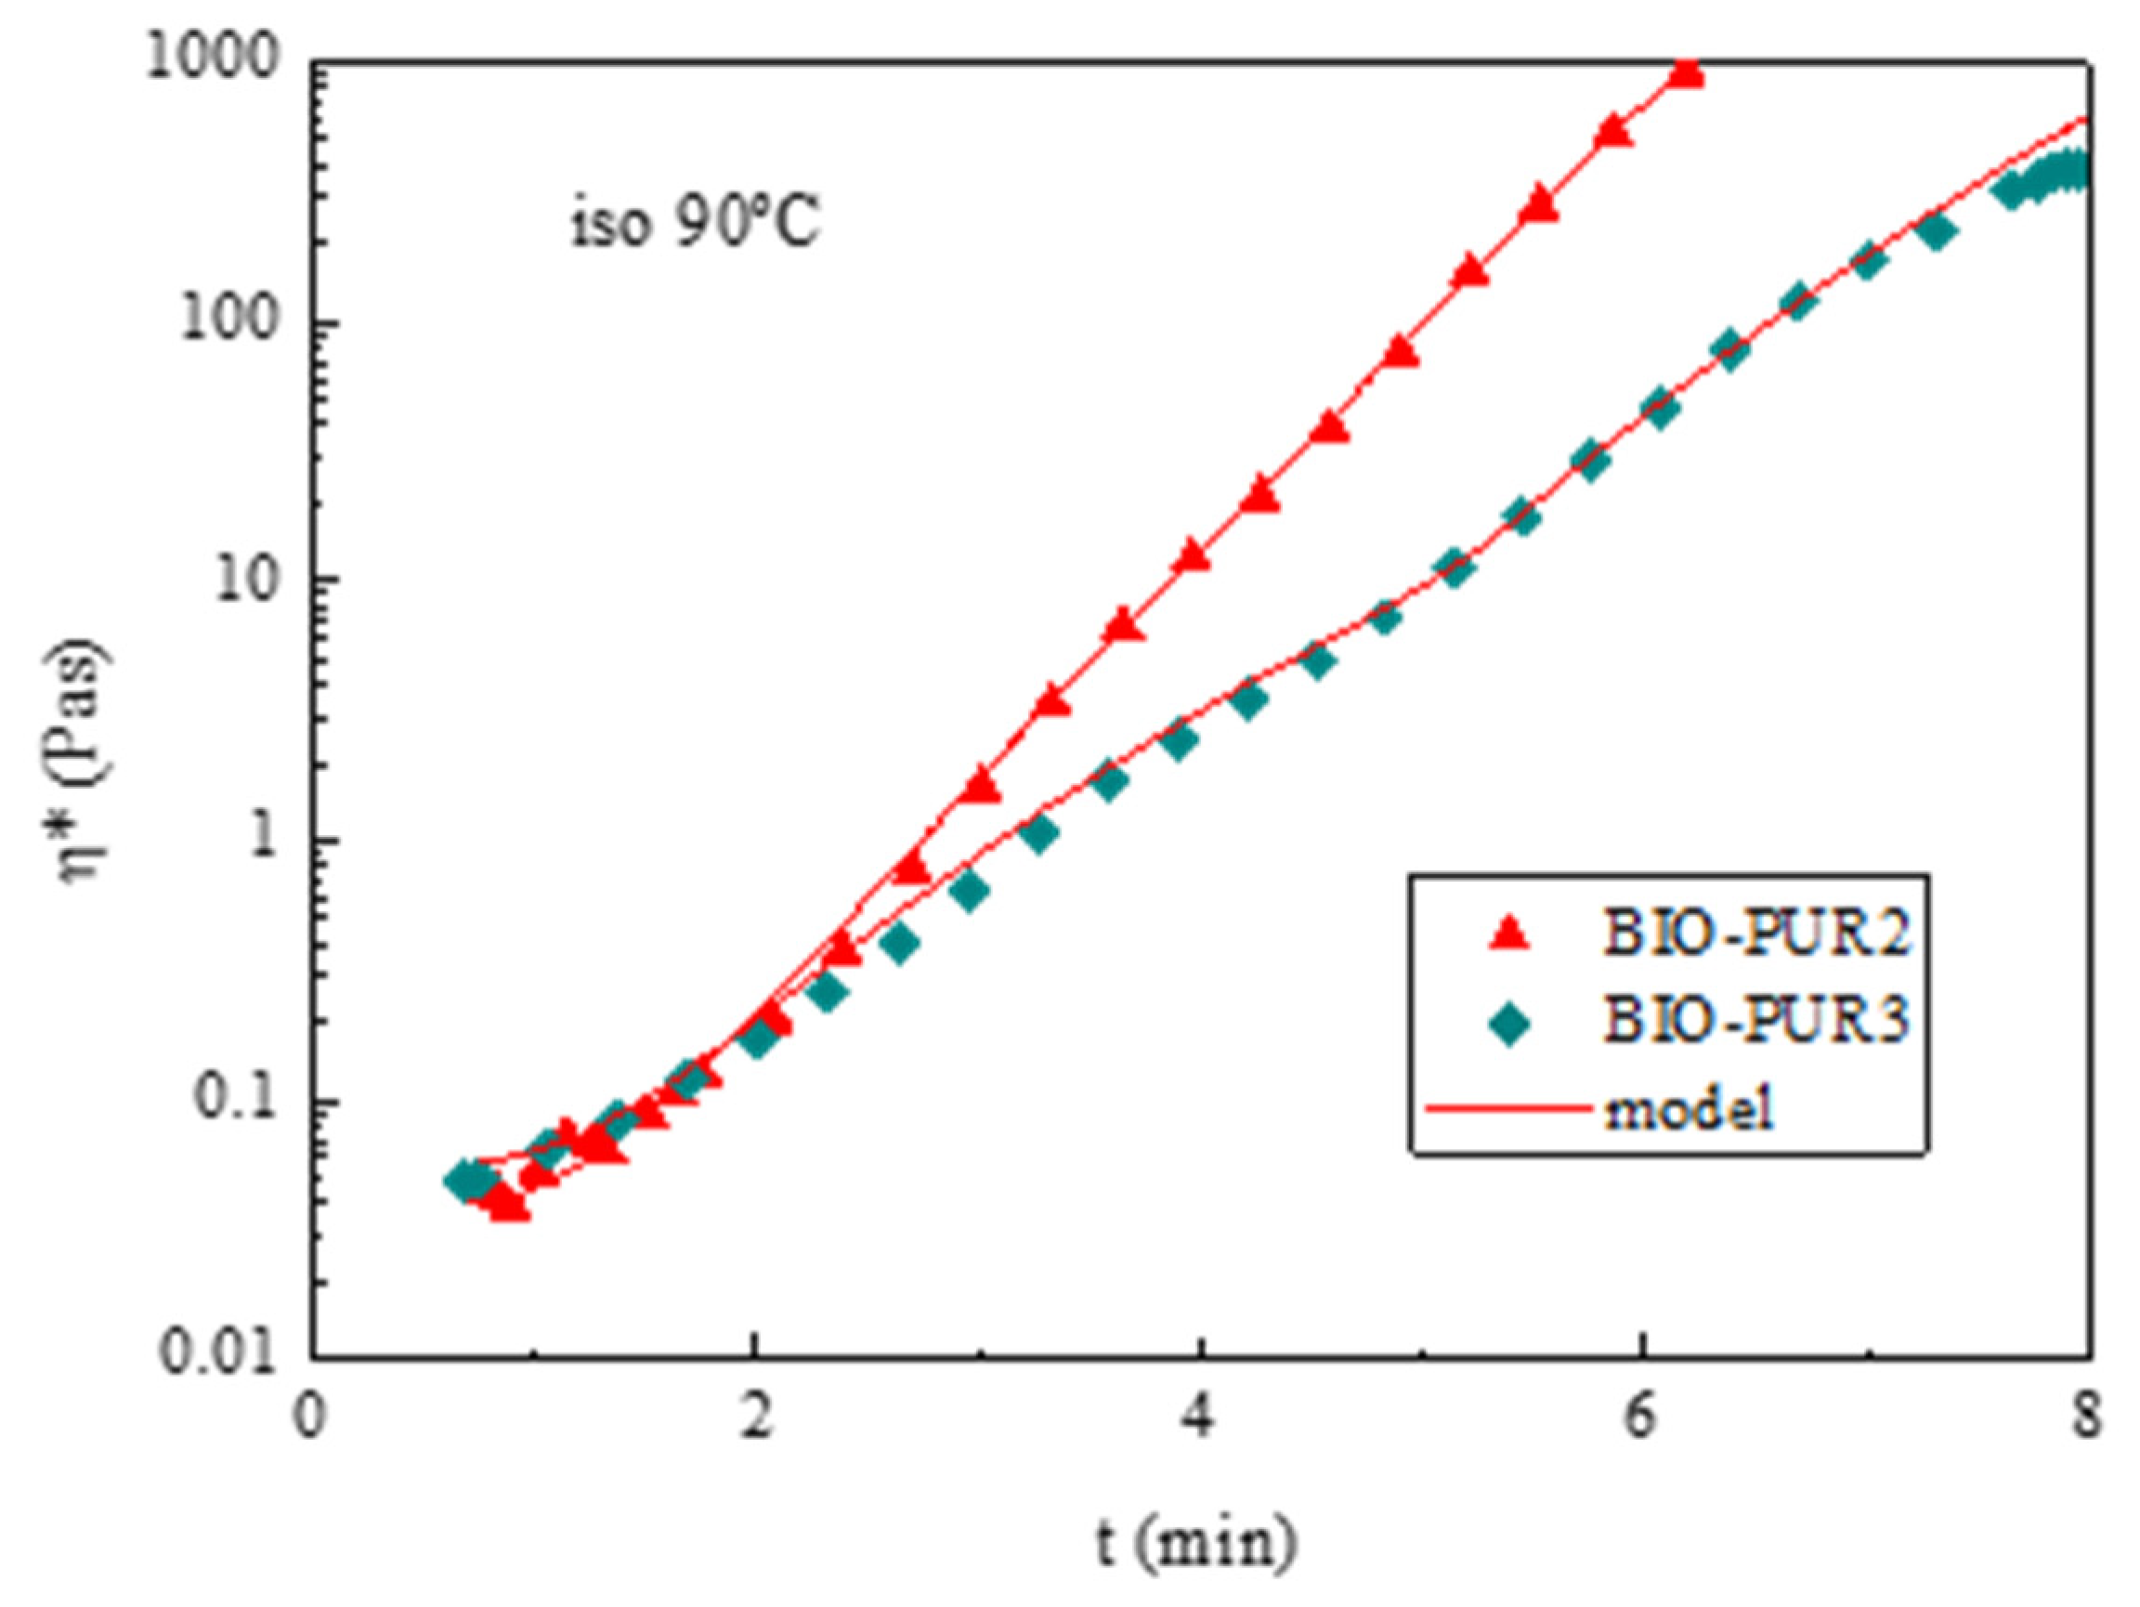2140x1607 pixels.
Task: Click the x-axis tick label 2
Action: [754, 1420]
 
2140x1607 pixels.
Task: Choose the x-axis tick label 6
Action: [1641, 1420]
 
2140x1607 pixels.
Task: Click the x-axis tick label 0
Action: [308, 1420]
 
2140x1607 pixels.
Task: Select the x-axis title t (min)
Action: [1196, 1542]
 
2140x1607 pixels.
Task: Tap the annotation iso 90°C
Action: [695, 226]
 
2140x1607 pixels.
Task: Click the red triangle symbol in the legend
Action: [1509, 934]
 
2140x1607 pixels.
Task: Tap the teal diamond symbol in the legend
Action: [1509, 1023]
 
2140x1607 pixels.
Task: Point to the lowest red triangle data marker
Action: [509, 1206]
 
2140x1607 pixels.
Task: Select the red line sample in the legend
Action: [1509, 1108]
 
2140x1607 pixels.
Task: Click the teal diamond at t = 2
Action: [758, 1040]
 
